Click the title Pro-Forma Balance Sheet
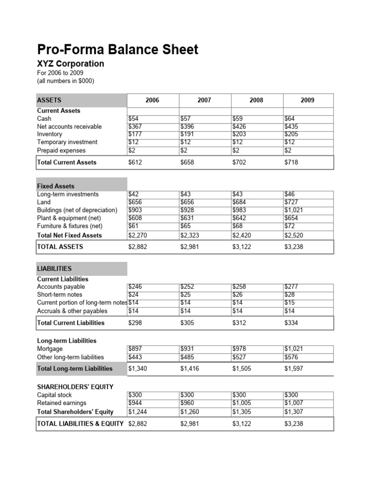pos(118,49)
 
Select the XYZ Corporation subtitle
pos(70,64)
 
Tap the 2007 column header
pos(204,100)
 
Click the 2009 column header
pos(307,100)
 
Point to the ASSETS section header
pos(49,100)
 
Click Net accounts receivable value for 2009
pos(293,126)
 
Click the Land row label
pos(44,202)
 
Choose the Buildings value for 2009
pos(294,210)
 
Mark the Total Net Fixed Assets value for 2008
pos(242,235)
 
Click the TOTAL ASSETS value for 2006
pos(138,247)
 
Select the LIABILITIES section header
pos(54,269)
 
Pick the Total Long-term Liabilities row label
pos(75,369)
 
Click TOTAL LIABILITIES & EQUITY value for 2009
pos(294,424)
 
